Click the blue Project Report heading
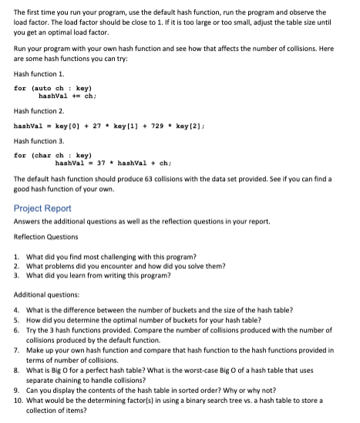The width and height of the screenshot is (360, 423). tap(42, 207)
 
